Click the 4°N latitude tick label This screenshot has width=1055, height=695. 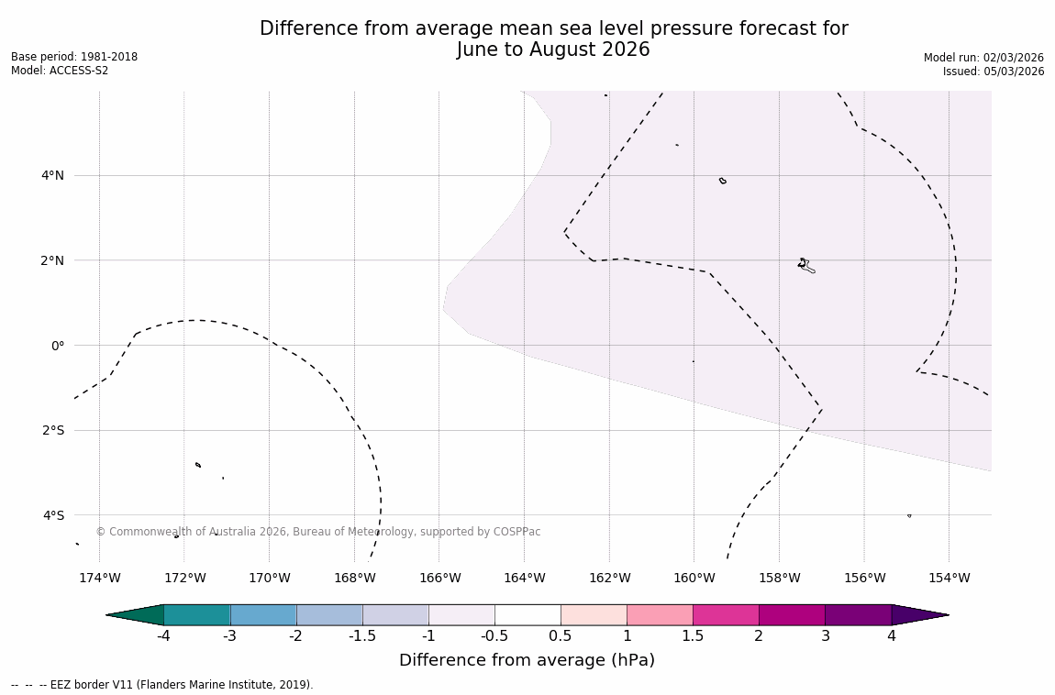[x=52, y=175]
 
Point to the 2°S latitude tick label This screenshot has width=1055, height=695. [x=52, y=430]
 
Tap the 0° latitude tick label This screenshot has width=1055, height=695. [x=57, y=346]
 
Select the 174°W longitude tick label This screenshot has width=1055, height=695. [x=99, y=578]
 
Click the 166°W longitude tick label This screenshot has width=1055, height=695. [x=439, y=578]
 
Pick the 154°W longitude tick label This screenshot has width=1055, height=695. [x=949, y=578]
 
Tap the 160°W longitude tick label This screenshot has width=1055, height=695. [x=694, y=578]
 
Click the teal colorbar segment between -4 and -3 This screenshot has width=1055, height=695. [x=196, y=615]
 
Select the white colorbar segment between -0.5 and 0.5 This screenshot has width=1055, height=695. [x=527, y=615]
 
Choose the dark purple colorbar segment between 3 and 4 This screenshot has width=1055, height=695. [x=858, y=615]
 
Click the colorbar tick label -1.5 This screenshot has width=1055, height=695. [x=362, y=636]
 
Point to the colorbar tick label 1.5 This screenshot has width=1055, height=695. [x=693, y=636]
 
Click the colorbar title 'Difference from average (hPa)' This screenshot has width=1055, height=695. [x=527, y=660]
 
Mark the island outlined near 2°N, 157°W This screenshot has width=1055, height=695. [x=805, y=265]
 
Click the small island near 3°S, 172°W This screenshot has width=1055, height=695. [x=198, y=465]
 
